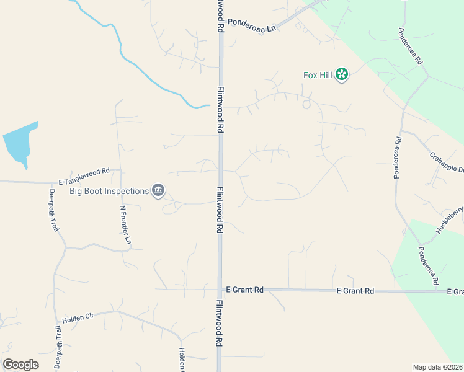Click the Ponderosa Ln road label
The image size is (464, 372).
251,22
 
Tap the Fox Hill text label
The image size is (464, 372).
318,75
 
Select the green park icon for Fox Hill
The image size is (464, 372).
341,75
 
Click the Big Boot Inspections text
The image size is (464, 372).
109,191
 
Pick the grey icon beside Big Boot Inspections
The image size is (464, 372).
158,191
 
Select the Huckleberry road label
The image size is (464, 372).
449,219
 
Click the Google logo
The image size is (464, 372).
20,365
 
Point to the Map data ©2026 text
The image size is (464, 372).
437,367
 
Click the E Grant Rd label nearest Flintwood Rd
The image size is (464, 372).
244,290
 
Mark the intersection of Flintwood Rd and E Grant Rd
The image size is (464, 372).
220,290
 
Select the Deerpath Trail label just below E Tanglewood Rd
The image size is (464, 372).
54,210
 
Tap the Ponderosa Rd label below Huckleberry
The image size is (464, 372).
428,265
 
